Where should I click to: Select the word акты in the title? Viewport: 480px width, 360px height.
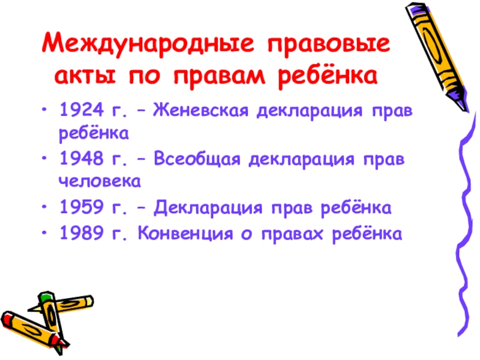(x=85, y=76)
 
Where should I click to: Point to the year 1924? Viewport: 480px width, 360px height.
(x=82, y=112)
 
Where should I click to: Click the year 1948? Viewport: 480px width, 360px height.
(x=82, y=160)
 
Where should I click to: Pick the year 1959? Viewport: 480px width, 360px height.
(x=82, y=208)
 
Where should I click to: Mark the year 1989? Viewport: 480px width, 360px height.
(x=82, y=233)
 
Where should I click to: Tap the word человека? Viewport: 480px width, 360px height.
(x=100, y=180)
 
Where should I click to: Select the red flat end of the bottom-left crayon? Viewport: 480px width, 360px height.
(x=7, y=317)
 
